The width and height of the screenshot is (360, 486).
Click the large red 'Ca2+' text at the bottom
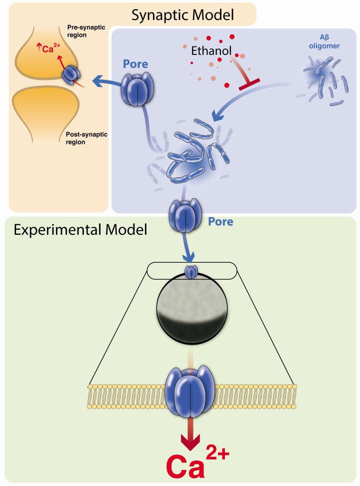click(x=190, y=462)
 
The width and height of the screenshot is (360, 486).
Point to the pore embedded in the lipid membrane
click(x=190, y=391)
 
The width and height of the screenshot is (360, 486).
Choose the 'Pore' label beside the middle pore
click(x=220, y=221)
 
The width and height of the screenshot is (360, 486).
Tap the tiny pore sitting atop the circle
click(x=191, y=271)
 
